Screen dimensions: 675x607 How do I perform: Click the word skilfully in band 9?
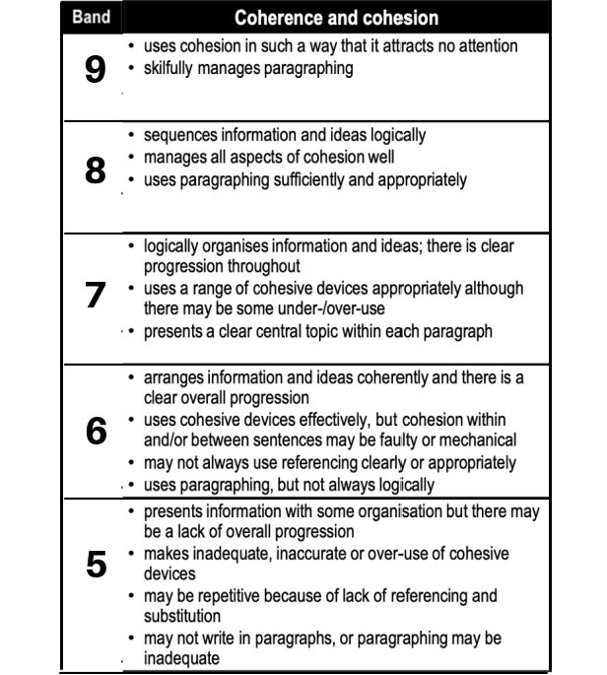tap(172, 70)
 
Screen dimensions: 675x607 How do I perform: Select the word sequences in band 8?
tap(179, 135)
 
